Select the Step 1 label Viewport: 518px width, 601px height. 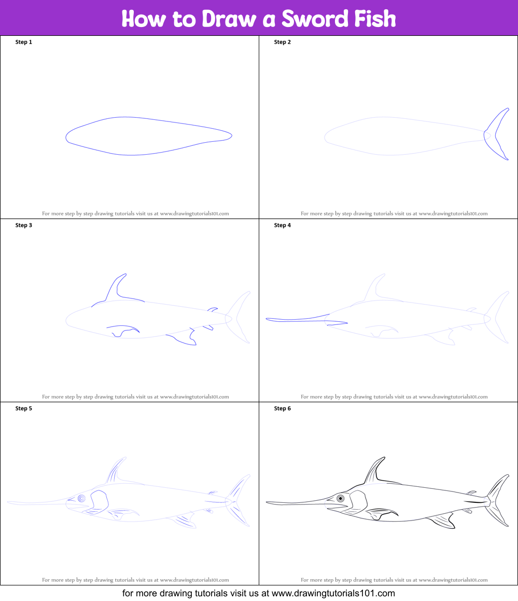pos(24,42)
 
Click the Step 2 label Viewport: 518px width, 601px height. pos(283,42)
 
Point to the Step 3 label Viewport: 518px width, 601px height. pos(24,225)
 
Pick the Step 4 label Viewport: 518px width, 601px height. pos(283,225)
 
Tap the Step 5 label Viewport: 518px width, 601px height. pos(24,408)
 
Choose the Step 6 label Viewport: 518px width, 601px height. pos(283,408)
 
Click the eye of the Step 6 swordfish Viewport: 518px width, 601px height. pos(341,499)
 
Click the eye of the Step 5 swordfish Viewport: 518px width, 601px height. pos(82,499)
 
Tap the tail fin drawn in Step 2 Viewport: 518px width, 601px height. pos(498,134)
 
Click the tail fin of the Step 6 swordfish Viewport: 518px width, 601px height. pos(499,500)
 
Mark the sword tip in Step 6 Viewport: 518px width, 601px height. pos(268,502)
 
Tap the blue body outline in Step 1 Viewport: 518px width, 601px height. pos(149,118)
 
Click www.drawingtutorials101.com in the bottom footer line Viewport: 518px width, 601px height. pos(333,593)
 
